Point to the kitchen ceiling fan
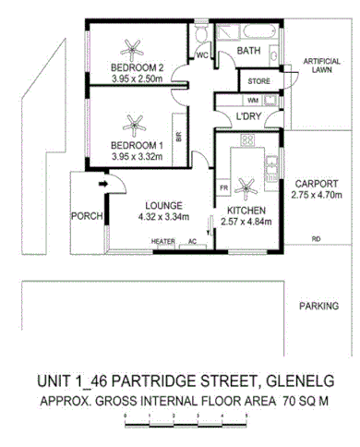click(x=246, y=187)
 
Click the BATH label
click(x=247, y=52)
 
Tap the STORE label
click(x=259, y=82)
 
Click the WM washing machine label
click(x=227, y=100)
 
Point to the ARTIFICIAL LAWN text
click(x=320, y=66)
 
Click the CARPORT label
click(x=315, y=184)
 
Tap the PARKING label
click(x=319, y=306)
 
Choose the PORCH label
click(x=86, y=217)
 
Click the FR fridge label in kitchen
click(x=223, y=188)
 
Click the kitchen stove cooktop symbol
click(x=246, y=139)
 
